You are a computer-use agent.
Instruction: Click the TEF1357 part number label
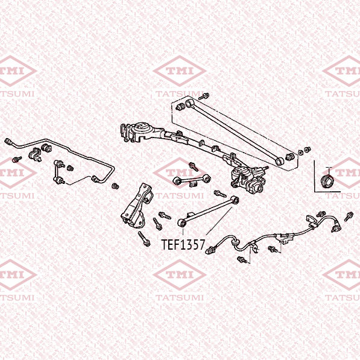pos(183,244)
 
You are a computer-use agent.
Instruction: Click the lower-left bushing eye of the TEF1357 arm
pos(182,223)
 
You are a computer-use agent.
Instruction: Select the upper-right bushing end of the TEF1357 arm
pos(235,200)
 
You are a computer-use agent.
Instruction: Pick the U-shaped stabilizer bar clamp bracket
pos(34,155)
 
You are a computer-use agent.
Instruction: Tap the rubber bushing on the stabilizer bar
pos(46,148)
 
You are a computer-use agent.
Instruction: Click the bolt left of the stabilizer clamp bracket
pos(17,159)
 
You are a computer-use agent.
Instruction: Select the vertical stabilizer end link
pos(58,172)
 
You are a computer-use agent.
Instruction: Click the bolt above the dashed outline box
pos(204,96)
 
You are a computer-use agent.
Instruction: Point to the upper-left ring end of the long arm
pos(189,104)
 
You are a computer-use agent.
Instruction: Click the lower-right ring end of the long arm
pos(279,161)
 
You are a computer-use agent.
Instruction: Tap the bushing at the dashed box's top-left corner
pos(180,107)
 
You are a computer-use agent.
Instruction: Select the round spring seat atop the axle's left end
pos(141,127)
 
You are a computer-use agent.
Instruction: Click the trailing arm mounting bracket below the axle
pos(137,206)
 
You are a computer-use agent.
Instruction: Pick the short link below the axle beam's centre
pos(192,180)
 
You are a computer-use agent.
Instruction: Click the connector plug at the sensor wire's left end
pos(210,250)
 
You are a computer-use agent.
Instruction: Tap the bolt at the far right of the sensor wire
pos(349,216)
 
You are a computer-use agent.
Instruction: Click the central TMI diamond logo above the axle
pos(180,71)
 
